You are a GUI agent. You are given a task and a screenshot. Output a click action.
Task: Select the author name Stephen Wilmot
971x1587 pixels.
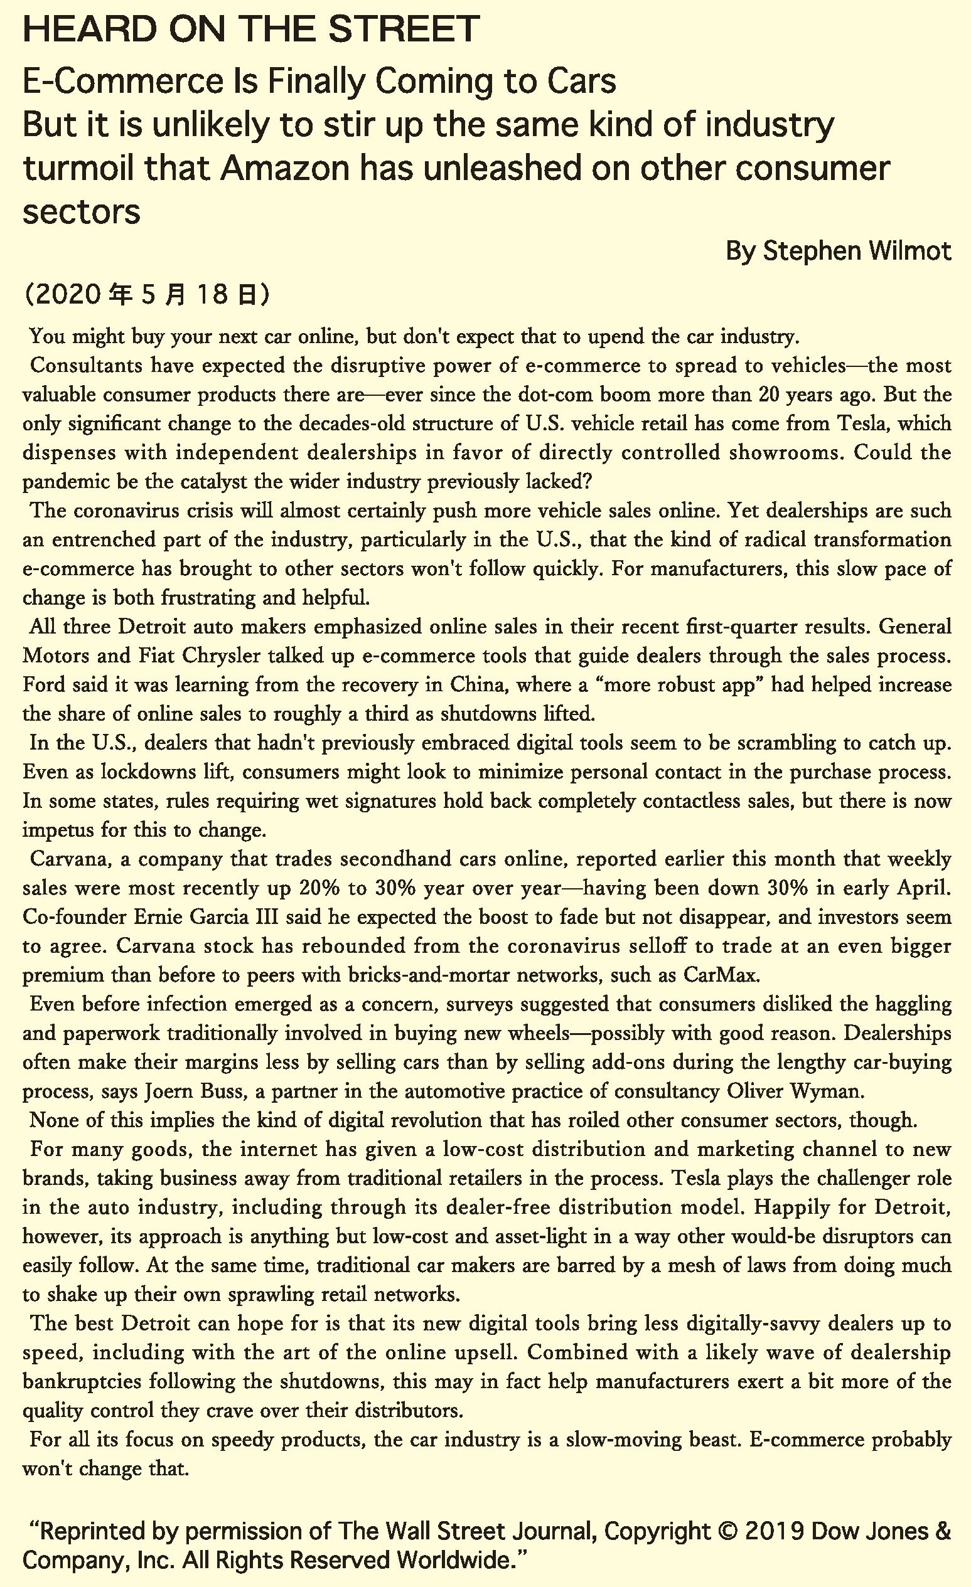point(857,250)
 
